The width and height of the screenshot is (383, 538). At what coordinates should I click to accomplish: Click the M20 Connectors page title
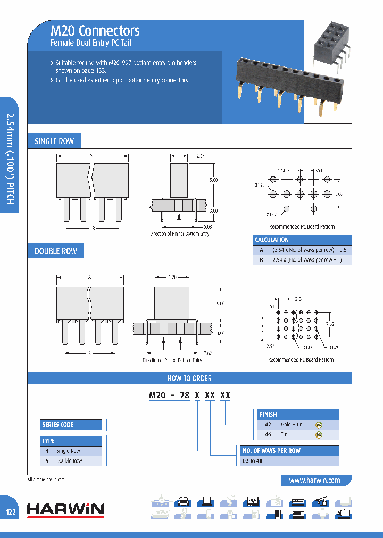point(95,31)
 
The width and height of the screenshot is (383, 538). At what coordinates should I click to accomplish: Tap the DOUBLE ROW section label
point(56,251)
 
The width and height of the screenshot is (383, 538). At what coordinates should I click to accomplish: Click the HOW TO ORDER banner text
point(190,378)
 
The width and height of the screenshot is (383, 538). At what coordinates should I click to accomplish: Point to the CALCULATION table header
point(272,240)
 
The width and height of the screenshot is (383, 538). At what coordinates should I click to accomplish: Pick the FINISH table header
point(268,414)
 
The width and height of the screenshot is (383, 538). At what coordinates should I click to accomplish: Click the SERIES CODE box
point(71,425)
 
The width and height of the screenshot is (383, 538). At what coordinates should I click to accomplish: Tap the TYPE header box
point(71,441)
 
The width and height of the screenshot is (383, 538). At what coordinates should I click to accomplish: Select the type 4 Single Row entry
point(71,451)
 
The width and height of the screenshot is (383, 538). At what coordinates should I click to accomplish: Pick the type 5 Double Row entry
point(71,461)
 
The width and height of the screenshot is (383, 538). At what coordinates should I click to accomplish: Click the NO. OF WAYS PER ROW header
point(287,451)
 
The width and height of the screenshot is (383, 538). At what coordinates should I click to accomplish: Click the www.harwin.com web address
point(314,480)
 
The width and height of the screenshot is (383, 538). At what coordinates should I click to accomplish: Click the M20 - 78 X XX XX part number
point(189,395)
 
